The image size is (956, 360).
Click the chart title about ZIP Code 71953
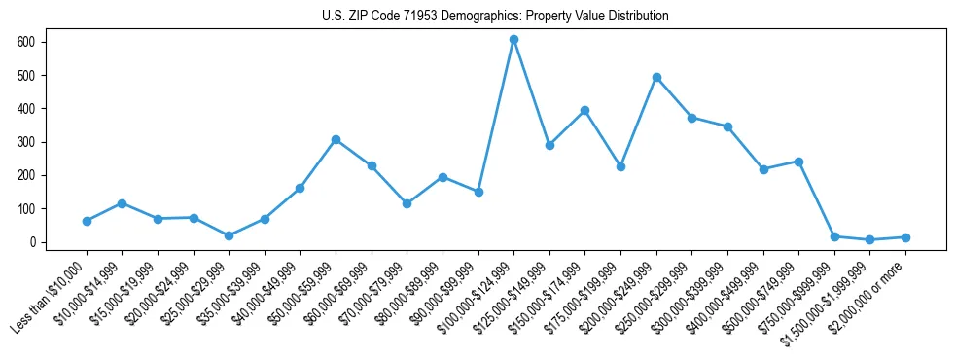tap(495, 17)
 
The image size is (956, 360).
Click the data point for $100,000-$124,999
tap(513, 40)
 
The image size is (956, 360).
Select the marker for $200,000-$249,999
tap(656, 77)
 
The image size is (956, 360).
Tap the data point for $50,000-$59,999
tap(336, 139)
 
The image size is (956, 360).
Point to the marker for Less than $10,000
tap(87, 221)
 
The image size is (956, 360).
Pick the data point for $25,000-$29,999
tap(229, 235)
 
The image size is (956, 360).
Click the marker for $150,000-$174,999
tap(584, 110)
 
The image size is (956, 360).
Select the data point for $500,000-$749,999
tap(798, 162)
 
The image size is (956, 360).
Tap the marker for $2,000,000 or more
tap(905, 237)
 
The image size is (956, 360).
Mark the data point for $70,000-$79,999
tap(407, 203)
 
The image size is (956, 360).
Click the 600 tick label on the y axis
tap(26, 42)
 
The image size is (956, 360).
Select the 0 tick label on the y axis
tap(32, 242)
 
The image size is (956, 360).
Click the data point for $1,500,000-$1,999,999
tap(869, 239)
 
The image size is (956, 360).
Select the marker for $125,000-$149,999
tap(549, 145)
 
